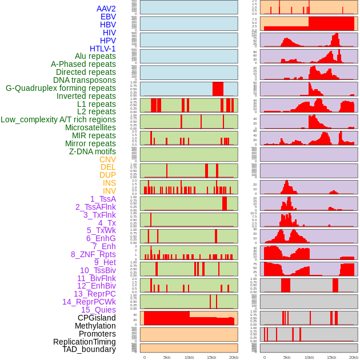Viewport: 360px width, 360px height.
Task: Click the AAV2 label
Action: coord(106,9)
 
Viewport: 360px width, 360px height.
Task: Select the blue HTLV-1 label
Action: coord(102,49)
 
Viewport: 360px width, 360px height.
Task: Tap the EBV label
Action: coord(107,17)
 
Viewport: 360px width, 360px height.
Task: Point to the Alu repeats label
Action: coord(95,56)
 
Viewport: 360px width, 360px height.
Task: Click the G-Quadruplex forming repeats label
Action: coord(61,88)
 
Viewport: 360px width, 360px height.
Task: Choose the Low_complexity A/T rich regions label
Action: coord(58,119)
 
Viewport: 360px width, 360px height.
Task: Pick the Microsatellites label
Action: coord(90,127)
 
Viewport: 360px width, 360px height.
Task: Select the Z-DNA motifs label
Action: coord(92,151)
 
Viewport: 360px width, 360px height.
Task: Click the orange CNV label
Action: coord(107,159)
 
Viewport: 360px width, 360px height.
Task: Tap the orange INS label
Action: coord(109,183)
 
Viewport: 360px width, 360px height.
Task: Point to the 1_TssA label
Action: coord(103,198)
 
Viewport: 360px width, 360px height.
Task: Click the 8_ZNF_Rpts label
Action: coord(93,254)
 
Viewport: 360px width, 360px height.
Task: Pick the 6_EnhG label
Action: coord(101,238)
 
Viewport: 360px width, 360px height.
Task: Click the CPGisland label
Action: coord(97,318)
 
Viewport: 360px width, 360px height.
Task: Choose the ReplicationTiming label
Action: coord(84,342)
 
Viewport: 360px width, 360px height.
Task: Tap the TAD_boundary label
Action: coord(89,349)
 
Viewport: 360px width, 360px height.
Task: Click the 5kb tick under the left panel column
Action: coord(167,357)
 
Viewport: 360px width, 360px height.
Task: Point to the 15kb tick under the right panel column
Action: coord(331,357)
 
